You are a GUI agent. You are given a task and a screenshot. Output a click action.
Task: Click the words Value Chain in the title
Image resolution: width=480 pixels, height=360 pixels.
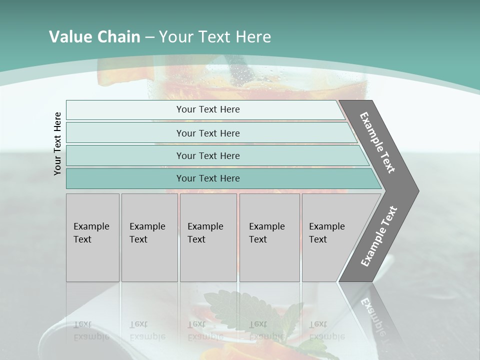(94, 37)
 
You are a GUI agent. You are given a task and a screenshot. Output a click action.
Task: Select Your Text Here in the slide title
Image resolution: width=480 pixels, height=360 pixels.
(215, 37)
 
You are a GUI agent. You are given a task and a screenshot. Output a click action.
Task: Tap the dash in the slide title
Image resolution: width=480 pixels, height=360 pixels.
(149, 37)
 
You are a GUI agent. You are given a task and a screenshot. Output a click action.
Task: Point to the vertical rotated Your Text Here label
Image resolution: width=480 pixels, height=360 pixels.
(58, 144)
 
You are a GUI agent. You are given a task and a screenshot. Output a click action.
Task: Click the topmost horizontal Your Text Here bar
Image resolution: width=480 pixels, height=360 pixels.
(208, 109)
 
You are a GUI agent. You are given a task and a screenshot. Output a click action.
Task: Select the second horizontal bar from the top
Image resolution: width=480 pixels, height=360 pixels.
(208, 133)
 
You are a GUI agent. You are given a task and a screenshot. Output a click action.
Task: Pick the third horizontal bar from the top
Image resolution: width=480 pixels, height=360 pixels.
(208, 155)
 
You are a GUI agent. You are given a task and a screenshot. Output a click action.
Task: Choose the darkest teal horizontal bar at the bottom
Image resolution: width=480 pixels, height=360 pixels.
(208, 178)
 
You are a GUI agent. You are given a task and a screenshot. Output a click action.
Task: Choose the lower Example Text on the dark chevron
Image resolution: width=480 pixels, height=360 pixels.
(379, 236)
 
